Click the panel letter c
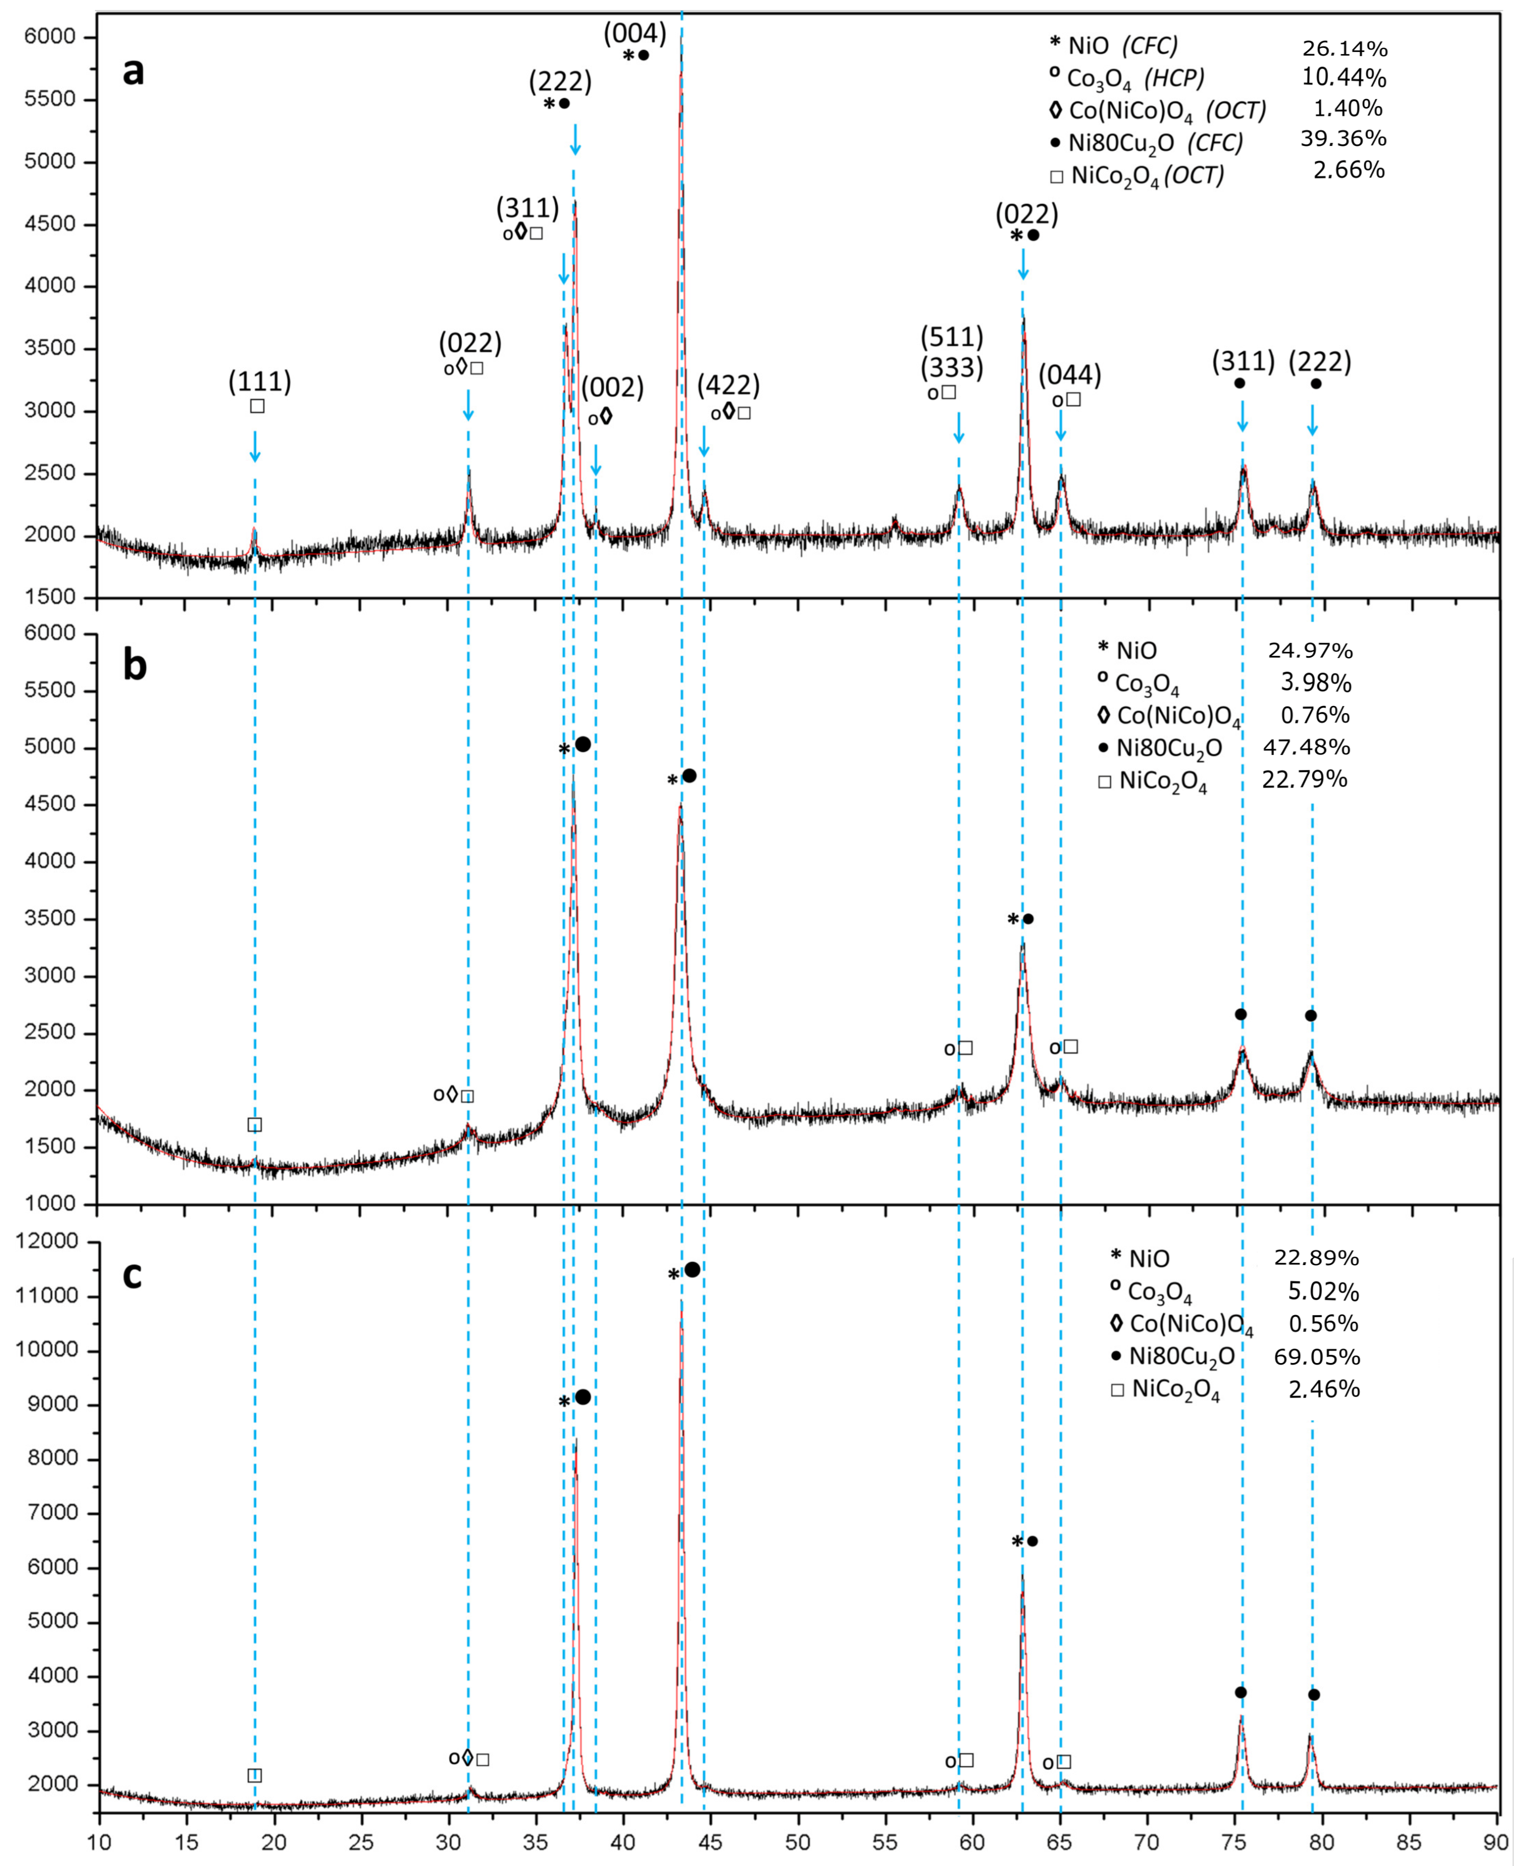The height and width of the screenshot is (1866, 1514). click(x=132, y=1274)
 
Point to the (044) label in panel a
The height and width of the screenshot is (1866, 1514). click(x=1069, y=375)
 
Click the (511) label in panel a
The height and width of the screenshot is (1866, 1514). click(x=952, y=337)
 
